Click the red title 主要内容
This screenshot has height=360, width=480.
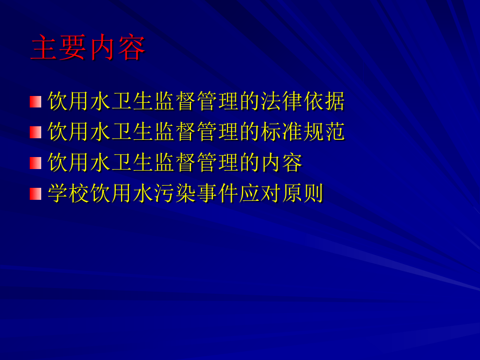88,49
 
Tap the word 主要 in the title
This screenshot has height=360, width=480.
59,49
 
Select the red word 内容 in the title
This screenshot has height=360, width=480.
116,49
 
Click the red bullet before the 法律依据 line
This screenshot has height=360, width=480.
35,102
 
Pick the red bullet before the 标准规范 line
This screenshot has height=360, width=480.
35,133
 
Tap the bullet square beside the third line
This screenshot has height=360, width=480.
35,163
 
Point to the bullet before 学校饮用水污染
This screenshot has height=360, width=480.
35,194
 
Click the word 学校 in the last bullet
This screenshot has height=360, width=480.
68,194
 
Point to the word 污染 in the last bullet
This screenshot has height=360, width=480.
175,194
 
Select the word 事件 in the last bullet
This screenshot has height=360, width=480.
218,194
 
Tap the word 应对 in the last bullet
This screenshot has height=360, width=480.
261,194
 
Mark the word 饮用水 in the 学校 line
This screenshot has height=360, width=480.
122,194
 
